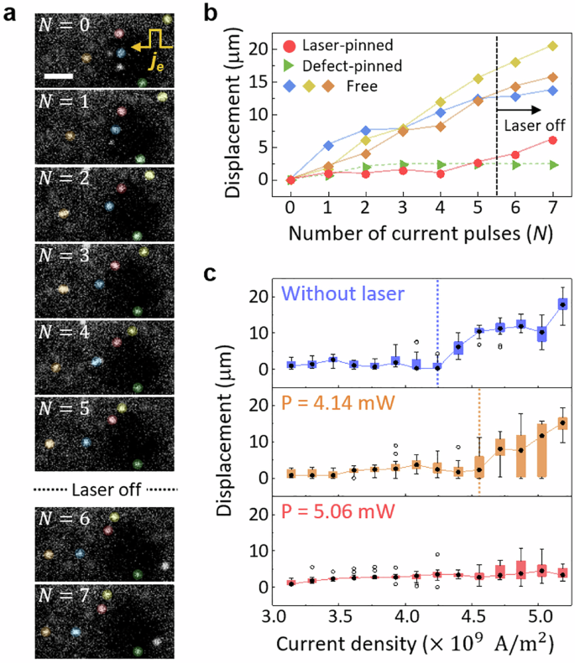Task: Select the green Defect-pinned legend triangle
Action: coord(290,65)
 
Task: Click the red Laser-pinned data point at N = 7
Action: coord(552,140)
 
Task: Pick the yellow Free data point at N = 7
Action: coord(552,46)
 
